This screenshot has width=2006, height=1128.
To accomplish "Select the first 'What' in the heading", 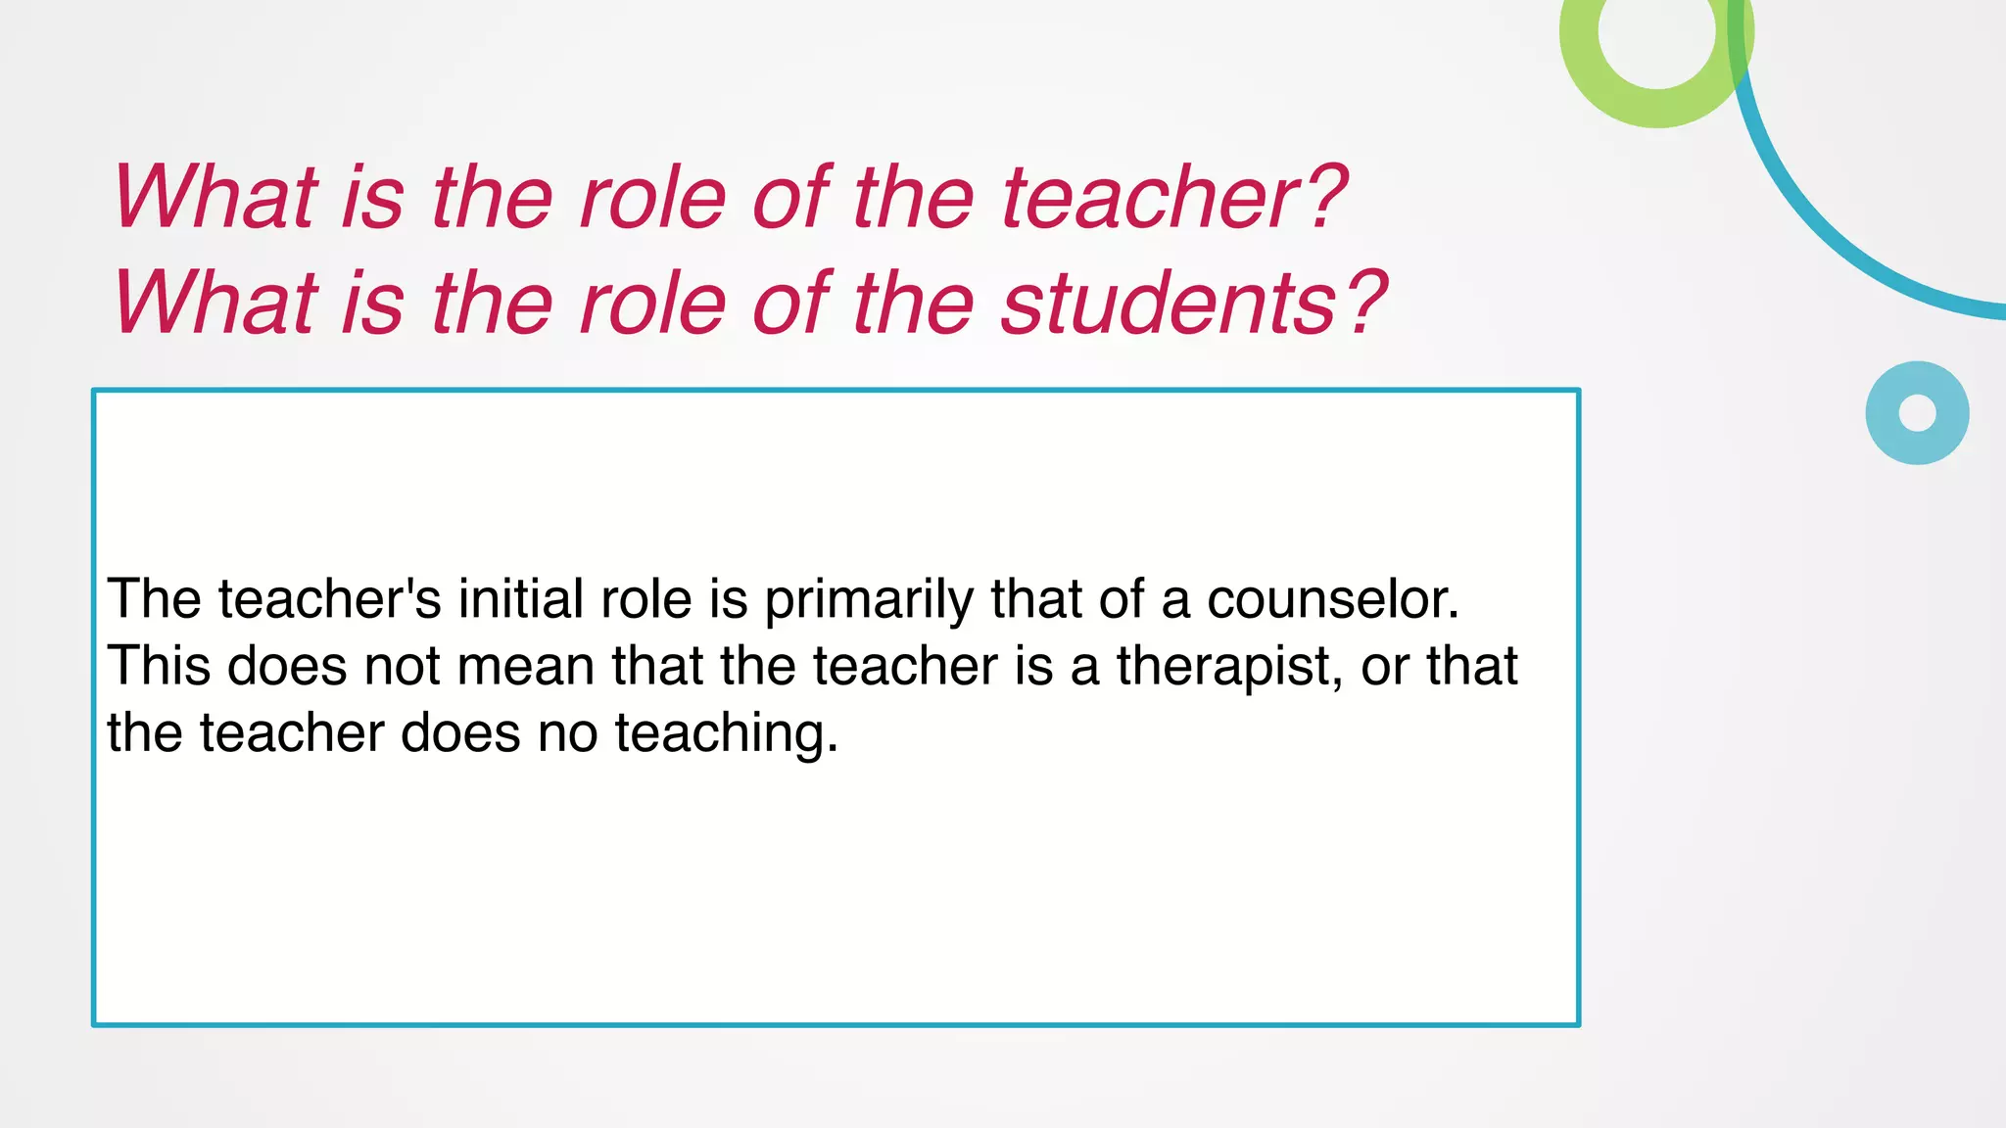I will point(215,198).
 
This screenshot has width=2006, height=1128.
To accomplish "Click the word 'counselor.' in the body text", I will point(1332,599).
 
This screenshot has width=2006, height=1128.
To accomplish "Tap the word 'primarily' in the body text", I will point(868,599).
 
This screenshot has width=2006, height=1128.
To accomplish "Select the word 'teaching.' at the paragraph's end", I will point(727,733).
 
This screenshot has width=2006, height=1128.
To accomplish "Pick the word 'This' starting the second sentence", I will point(159,667).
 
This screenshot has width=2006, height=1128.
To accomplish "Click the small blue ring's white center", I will point(1917,412).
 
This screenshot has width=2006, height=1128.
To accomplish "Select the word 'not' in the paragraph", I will point(402,667).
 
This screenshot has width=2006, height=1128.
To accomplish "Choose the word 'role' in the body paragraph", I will point(646,599).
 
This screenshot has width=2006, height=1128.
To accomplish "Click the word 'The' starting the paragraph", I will point(154,599).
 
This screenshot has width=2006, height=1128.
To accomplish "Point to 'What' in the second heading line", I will point(215,304).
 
